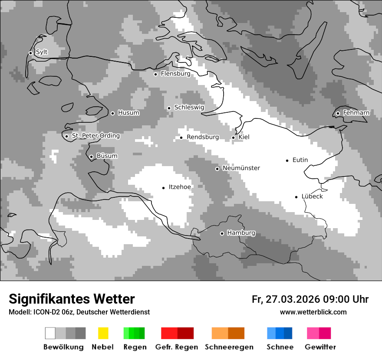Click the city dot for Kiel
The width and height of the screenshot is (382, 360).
point(233,137)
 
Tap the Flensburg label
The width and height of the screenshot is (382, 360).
point(175,74)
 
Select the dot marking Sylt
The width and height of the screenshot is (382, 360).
point(30,53)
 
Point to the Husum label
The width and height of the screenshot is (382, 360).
point(128,113)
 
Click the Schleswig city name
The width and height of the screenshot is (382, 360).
point(189,108)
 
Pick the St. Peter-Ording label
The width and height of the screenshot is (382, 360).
point(95,136)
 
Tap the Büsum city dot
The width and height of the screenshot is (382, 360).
point(91,157)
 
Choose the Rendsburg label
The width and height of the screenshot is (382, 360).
point(203,137)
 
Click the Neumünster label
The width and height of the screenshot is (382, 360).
point(241,168)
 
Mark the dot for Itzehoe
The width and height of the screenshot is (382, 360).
point(163,188)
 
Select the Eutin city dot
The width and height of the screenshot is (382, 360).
point(287,160)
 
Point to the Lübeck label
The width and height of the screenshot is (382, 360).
point(312,196)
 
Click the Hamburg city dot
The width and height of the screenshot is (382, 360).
point(222,233)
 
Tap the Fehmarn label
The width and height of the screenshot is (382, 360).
point(356,113)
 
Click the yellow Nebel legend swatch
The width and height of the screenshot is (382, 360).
point(103,333)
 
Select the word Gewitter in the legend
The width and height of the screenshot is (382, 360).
point(320,347)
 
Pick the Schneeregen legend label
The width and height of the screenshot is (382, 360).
point(229,347)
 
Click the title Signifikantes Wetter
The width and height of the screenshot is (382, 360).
point(72,299)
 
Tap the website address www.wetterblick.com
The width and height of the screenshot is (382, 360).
point(313,312)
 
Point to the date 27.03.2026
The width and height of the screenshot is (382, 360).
point(292,299)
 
